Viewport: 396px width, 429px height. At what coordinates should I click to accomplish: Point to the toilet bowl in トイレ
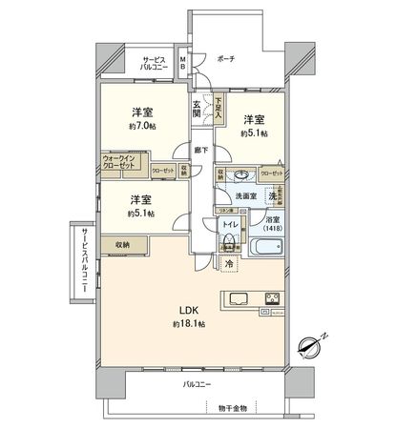coord(230,240)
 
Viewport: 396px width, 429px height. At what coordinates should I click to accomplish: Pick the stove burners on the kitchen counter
coord(274,297)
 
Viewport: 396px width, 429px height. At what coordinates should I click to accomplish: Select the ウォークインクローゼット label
coord(120,162)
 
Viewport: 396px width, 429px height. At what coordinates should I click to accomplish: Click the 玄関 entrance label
coord(198,107)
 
